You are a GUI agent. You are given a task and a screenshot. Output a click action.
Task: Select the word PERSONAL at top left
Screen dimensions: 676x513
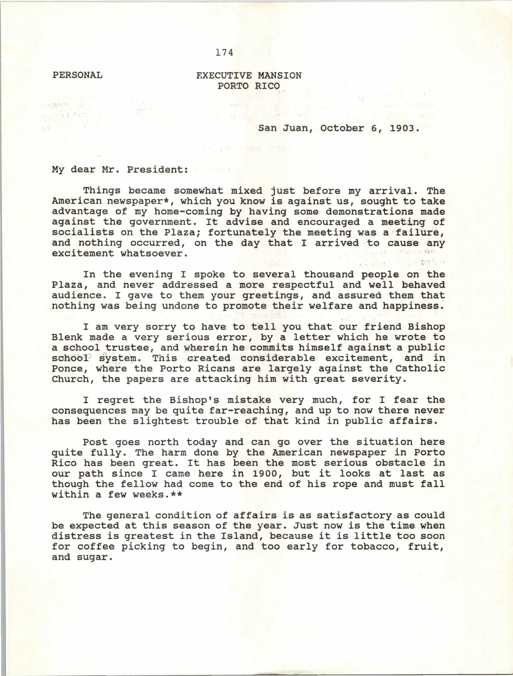[x=77, y=75]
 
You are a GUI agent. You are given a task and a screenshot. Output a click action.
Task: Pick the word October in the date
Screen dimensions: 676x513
[x=342, y=128]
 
